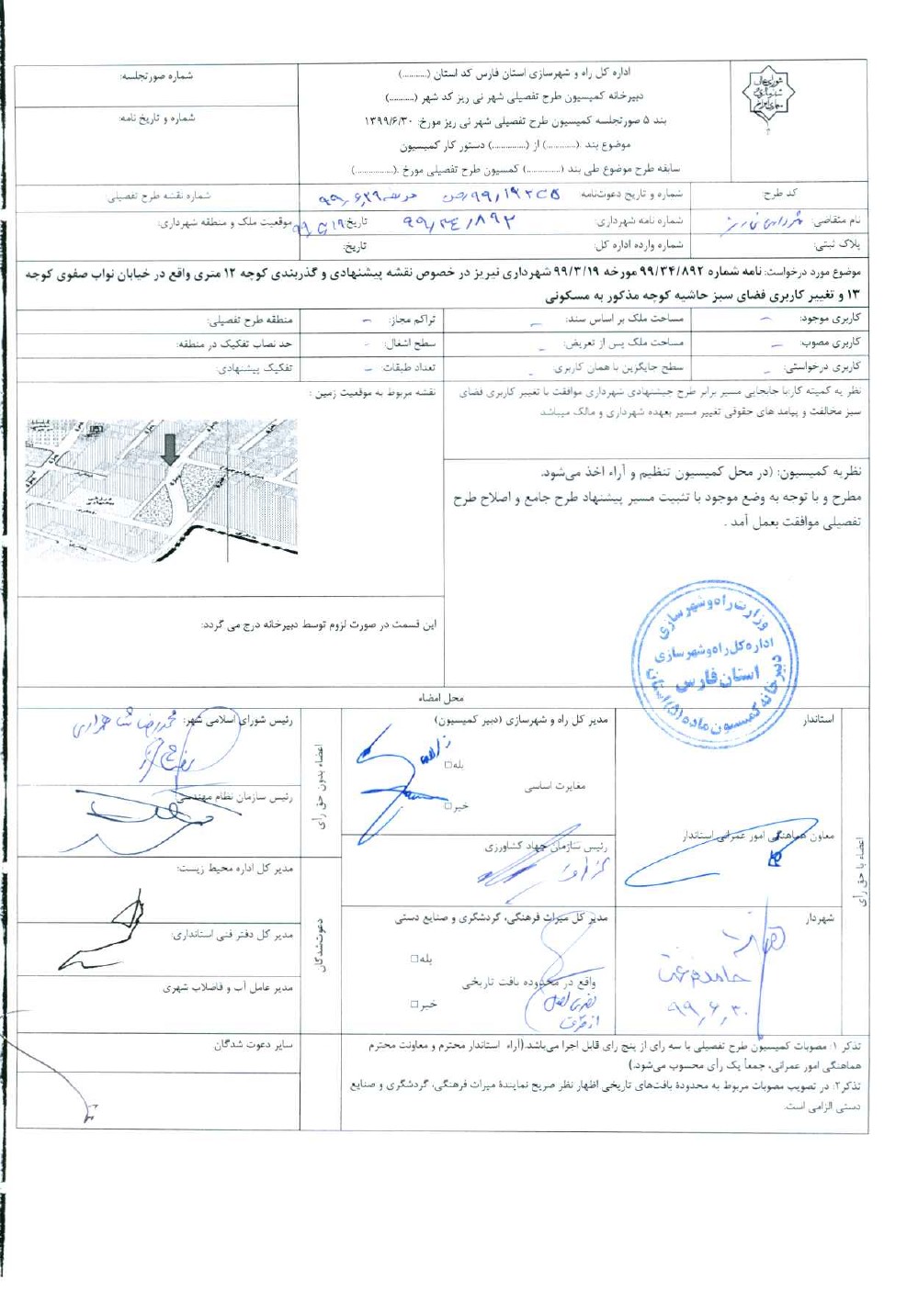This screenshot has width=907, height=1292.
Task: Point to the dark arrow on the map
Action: [169, 449]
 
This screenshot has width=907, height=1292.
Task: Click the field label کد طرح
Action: [780, 194]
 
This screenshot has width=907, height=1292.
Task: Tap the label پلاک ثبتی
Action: [837, 245]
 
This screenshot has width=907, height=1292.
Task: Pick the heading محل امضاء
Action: [441, 698]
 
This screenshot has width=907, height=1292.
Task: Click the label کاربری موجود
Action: [830, 319]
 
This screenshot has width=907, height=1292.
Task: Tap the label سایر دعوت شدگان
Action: [253, 1044]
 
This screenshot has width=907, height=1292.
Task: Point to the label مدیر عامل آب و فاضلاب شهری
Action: [227, 988]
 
